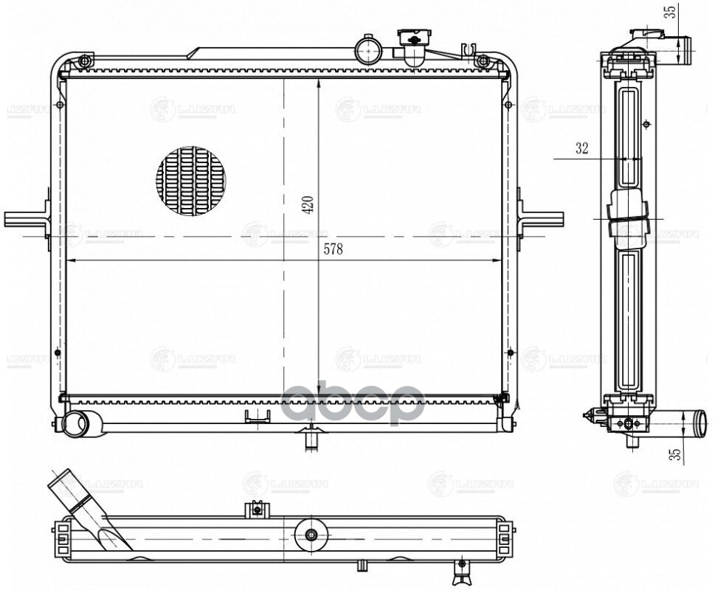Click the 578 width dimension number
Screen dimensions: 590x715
point(334,249)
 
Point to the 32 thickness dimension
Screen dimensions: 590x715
point(581,148)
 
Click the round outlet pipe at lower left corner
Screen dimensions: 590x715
point(74,423)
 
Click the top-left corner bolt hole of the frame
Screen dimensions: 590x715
point(85,60)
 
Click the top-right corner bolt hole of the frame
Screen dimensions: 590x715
point(483,60)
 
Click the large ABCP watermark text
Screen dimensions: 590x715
point(353,403)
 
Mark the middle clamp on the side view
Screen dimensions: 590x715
point(628,218)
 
